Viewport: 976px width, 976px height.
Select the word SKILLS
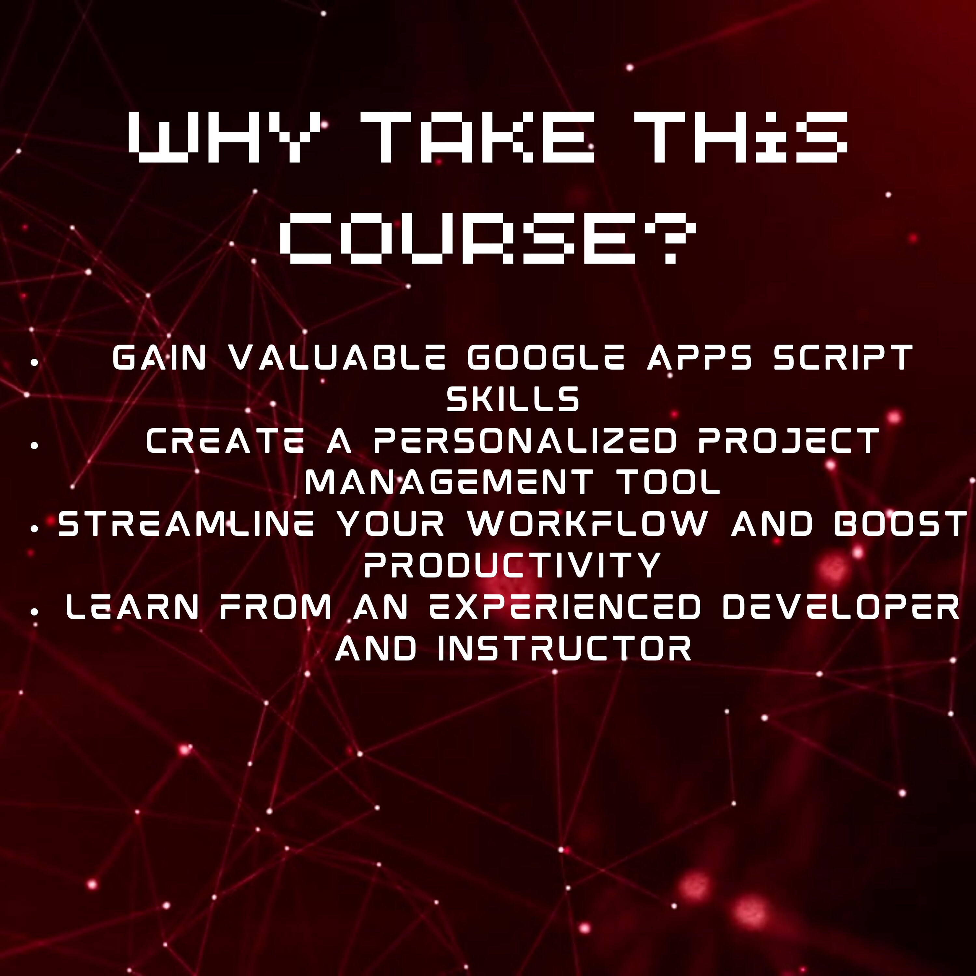pos(513,400)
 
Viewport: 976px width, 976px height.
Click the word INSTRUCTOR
pos(564,649)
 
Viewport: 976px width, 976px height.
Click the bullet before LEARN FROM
pos(34,612)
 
